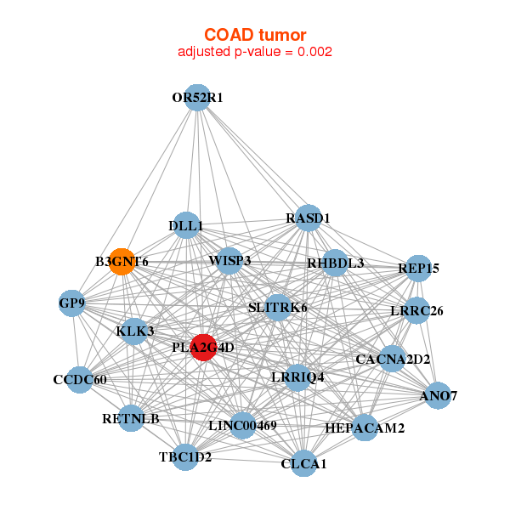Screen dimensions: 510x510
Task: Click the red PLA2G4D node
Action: [202, 347]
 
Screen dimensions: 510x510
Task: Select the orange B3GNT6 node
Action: [123, 262]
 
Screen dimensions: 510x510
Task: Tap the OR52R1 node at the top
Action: [197, 98]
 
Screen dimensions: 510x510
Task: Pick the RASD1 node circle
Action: [308, 218]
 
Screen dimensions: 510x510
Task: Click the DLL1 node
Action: [185, 226]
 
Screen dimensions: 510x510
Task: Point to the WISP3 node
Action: [229, 260]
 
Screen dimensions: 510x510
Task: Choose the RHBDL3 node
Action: [335, 263]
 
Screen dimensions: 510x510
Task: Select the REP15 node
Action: [418, 269]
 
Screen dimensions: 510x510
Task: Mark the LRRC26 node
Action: [416, 311]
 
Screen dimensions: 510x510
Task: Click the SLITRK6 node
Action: [278, 306]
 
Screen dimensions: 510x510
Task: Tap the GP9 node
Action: [72, 303]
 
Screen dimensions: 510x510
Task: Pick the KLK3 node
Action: [134, 331]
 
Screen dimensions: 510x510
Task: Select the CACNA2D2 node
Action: [392, 360]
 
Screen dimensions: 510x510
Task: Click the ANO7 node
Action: [438, 396]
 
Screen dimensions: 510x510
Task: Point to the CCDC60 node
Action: [79, 379]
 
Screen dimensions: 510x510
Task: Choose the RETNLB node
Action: [131, 418]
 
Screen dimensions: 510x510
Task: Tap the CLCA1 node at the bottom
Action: [303, 464]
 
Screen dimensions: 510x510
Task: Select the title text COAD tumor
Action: [255, 34]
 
